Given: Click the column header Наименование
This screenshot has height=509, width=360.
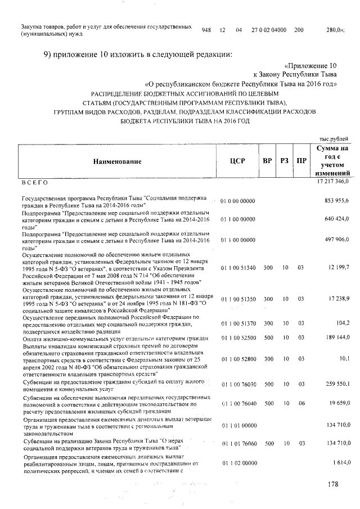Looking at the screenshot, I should click(x=117, y=161).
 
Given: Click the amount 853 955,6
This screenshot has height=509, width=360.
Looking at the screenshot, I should click(x=337, y=201).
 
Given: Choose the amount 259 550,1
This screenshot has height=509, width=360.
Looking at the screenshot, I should click(x=337, y=384).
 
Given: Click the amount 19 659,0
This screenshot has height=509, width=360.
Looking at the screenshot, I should click(x=339, y=403).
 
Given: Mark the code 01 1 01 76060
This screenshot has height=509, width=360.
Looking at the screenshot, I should click(x=238, y=443).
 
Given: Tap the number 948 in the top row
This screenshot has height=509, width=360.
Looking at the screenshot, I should click(x=206, y=30).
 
